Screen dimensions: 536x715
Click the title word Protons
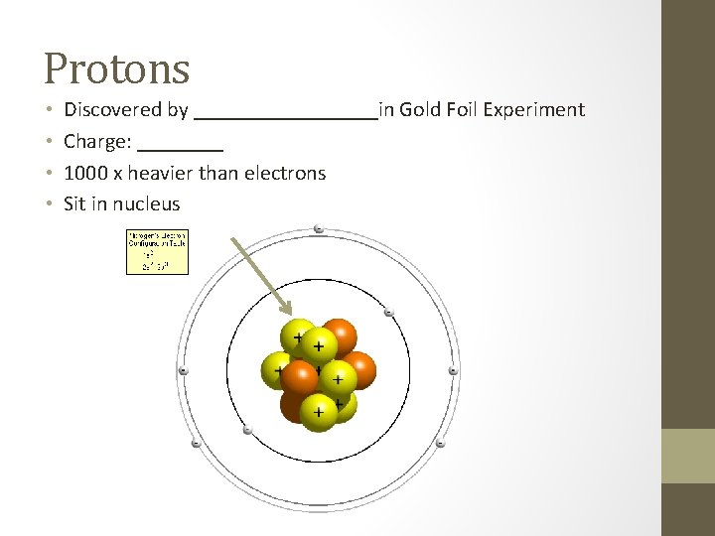coord(116,67)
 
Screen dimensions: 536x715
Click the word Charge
coord(95,142)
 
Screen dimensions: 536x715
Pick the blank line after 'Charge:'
coord(181,146)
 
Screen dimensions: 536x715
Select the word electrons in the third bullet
coord(285,174)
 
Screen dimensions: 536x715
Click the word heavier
coord(161,174)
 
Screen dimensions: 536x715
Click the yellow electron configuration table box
coord(157,252)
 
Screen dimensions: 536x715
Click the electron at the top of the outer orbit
coord(318,229)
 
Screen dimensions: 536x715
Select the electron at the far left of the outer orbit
coord(183,371)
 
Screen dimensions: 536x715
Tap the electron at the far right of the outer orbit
coord(453,371)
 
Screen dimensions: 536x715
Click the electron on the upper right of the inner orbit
coord(389,313)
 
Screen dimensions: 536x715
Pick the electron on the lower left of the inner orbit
coord(247,430)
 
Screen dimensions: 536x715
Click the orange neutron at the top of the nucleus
coord(339,335)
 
